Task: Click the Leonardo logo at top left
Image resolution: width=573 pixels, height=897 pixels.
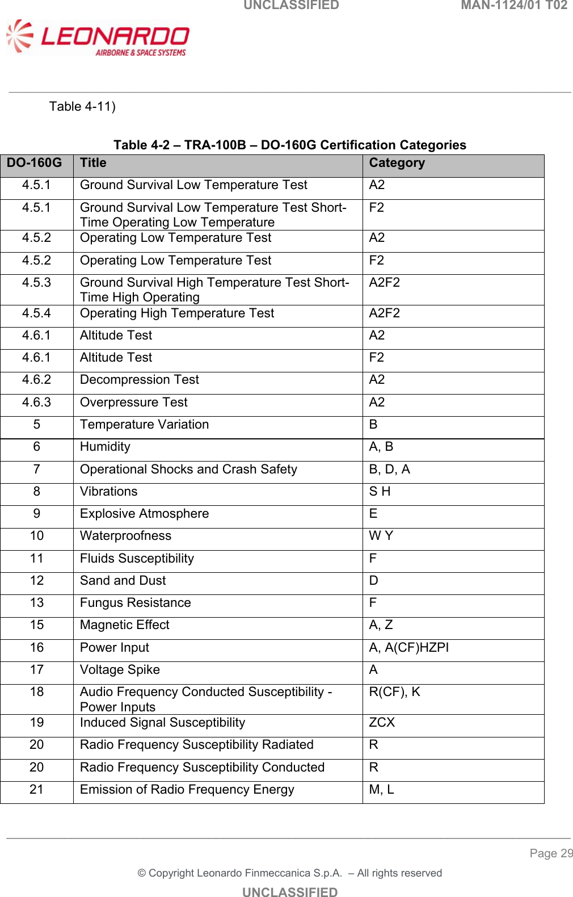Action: pos(98,38)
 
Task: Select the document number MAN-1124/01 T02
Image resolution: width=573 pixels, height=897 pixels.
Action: pos(513,6)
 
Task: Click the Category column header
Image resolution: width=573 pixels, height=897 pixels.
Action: pos(397,163)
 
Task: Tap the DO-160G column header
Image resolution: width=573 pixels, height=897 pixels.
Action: pos(35,163)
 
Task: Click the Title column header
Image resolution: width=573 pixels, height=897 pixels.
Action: pos(93,163)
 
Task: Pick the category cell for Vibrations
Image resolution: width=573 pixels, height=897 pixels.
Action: pos(380,492)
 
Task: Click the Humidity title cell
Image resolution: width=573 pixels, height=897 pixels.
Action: pos(105,447)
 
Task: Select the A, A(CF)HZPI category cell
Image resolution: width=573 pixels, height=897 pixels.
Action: pos(408,648)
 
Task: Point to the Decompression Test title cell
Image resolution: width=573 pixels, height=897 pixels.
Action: pos(140,380)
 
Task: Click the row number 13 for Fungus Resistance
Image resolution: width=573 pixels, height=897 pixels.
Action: pos(37,603)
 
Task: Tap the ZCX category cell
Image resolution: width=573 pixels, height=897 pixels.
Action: pos(382,723)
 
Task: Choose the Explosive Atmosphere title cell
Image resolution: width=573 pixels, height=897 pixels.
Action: pos(144,514)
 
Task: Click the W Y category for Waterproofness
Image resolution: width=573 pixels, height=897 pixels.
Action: pos(381,536)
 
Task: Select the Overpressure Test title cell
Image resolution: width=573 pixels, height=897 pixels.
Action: pos(133,403)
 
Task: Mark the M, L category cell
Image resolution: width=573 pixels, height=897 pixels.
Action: pos(381,790)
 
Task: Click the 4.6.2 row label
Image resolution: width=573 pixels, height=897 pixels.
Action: pos(37,380)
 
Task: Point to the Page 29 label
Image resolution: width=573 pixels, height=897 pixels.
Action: pos(551,853)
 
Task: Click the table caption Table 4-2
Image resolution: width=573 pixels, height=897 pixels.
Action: pos(289,145)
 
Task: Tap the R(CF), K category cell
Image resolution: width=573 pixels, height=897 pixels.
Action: pos(394,692)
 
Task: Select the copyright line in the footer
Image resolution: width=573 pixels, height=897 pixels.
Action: pos(289,873)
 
